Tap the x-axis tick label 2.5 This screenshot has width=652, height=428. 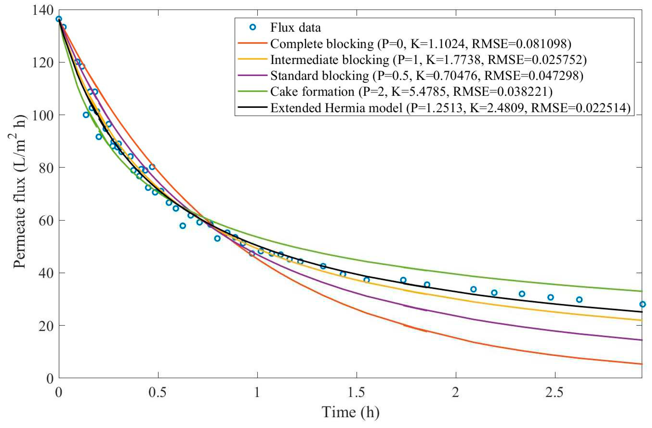pos(555,392)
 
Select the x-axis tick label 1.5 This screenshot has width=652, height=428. pos(356,392)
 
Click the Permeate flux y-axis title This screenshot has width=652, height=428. pos(20,192)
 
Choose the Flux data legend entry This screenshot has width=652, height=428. pos(295,27)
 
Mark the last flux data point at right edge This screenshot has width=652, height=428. pos(642,304)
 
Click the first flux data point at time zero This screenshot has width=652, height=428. pos(59,19)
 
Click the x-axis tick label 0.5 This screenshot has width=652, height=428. pos(158,392)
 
